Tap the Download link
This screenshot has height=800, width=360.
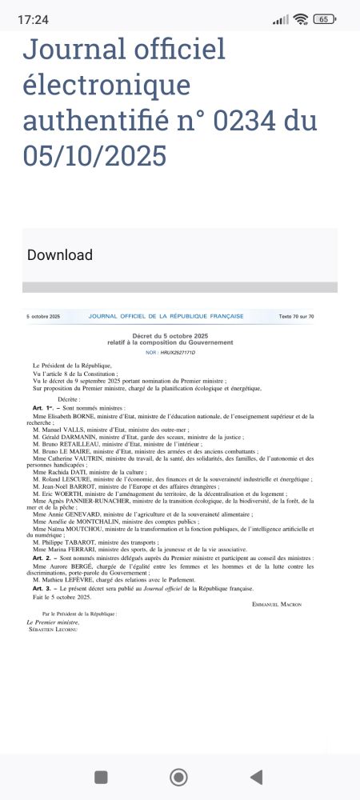pyautogui.click(x=60, y=255)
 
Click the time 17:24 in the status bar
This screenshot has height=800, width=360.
pyautogui.click(x=32, y=18)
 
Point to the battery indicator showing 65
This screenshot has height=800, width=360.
pyautogui.click(x=324, y=19)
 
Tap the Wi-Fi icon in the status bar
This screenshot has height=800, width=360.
pyautogui.click(x=301, y=19)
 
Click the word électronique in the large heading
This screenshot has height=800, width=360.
pyautogui.click(x=106, y=85)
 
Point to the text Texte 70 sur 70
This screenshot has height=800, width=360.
pyautogui.click(x=296, y=317)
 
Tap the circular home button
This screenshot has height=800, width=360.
pyautogui.click(x=179, y=777)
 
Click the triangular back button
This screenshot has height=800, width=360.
pyautogui.click(x=256, y=777)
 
